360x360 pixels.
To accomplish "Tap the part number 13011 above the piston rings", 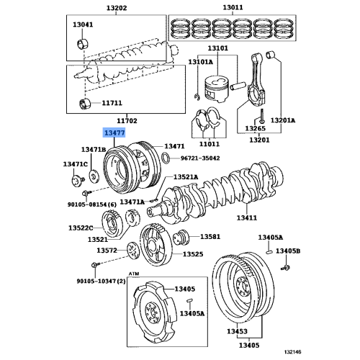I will click(x=233, y=9).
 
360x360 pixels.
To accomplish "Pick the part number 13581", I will click(x=210, y=236).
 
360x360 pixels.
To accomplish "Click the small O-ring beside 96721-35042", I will click(x=166, y=157).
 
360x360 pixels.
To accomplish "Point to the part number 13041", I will click(x=84, y=24).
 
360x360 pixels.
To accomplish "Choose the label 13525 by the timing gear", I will click(x=192, y=254).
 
